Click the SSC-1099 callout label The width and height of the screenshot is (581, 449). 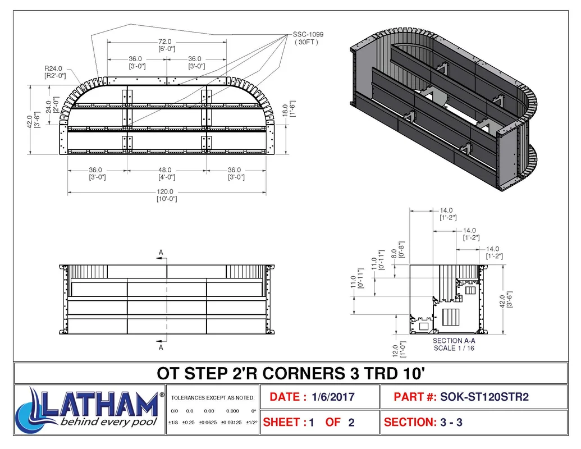click(308, 34)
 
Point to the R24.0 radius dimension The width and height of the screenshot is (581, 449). click(53, 68)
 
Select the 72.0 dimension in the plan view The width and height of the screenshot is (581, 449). click(165, 42)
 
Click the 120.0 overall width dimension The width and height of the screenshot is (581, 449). click(165, 191)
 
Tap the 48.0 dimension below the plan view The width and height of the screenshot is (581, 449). click(165, 169)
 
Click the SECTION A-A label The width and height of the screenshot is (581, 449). click(454, 341)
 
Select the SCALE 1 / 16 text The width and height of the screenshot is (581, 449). click(454, 348)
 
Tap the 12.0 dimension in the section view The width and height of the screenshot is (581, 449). click(395, 351)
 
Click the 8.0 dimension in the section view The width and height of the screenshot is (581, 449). click(394, 254)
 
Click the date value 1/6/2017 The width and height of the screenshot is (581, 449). click(333, 397)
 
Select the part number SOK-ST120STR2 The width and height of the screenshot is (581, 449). click(484, 397)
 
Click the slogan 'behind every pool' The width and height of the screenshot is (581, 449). click(108, 422)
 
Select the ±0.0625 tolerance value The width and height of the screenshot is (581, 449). click(208, 422)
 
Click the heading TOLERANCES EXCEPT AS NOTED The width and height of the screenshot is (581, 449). click(213, 398)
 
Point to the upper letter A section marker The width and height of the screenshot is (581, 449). click(161, 253)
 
